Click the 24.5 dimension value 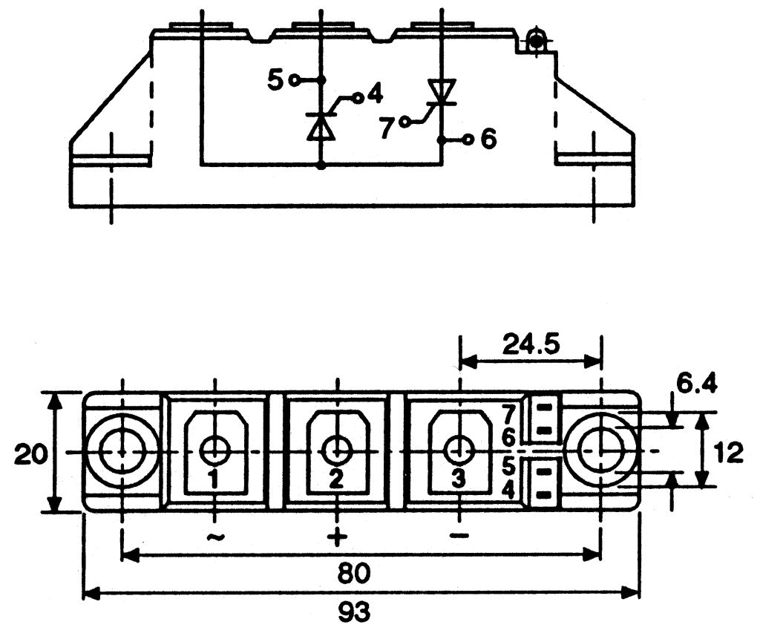pyautogui.click(x=531, y=344)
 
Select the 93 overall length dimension pyautogui.click(x=354, y=613)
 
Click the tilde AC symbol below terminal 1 pyautogui.click(x=215, y=537)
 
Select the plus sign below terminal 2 pyautogui.click(x=338, y=537)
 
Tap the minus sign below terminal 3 pyautogui.click(x=459, y=536)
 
